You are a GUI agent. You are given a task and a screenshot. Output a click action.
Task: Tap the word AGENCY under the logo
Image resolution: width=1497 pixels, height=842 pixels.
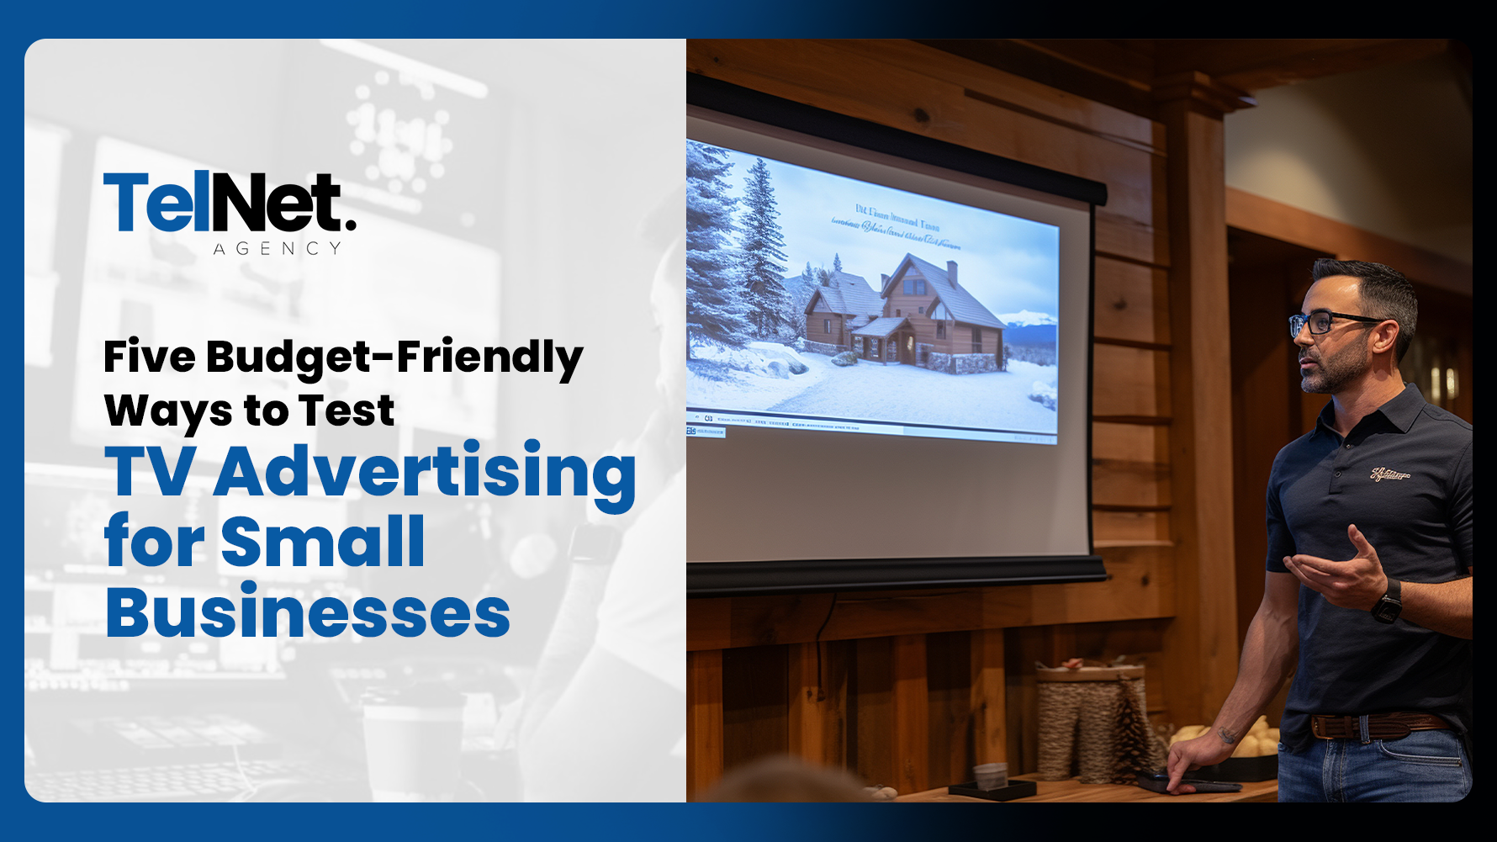278,249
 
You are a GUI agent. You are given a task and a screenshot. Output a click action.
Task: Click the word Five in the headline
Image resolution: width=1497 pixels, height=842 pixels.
150,357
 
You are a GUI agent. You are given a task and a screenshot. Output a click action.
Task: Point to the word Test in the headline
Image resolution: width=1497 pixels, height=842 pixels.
346,411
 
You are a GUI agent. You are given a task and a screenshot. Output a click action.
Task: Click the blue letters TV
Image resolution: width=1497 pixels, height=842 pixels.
150,473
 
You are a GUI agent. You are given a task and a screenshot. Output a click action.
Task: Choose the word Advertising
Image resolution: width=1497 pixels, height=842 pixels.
425,473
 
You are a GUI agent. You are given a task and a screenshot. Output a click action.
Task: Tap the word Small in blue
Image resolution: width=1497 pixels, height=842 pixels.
323,543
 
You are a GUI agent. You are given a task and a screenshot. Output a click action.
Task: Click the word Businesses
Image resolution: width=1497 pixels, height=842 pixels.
308,613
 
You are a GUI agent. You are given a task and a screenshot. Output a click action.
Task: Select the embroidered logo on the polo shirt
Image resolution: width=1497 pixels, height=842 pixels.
1389,474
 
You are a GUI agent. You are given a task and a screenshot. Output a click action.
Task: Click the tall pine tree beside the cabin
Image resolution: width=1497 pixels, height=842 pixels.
761,252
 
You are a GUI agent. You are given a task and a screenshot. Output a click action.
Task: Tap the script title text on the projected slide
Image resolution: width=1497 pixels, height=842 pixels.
896,227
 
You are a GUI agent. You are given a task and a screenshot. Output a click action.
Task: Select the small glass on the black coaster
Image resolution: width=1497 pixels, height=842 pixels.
991,776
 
